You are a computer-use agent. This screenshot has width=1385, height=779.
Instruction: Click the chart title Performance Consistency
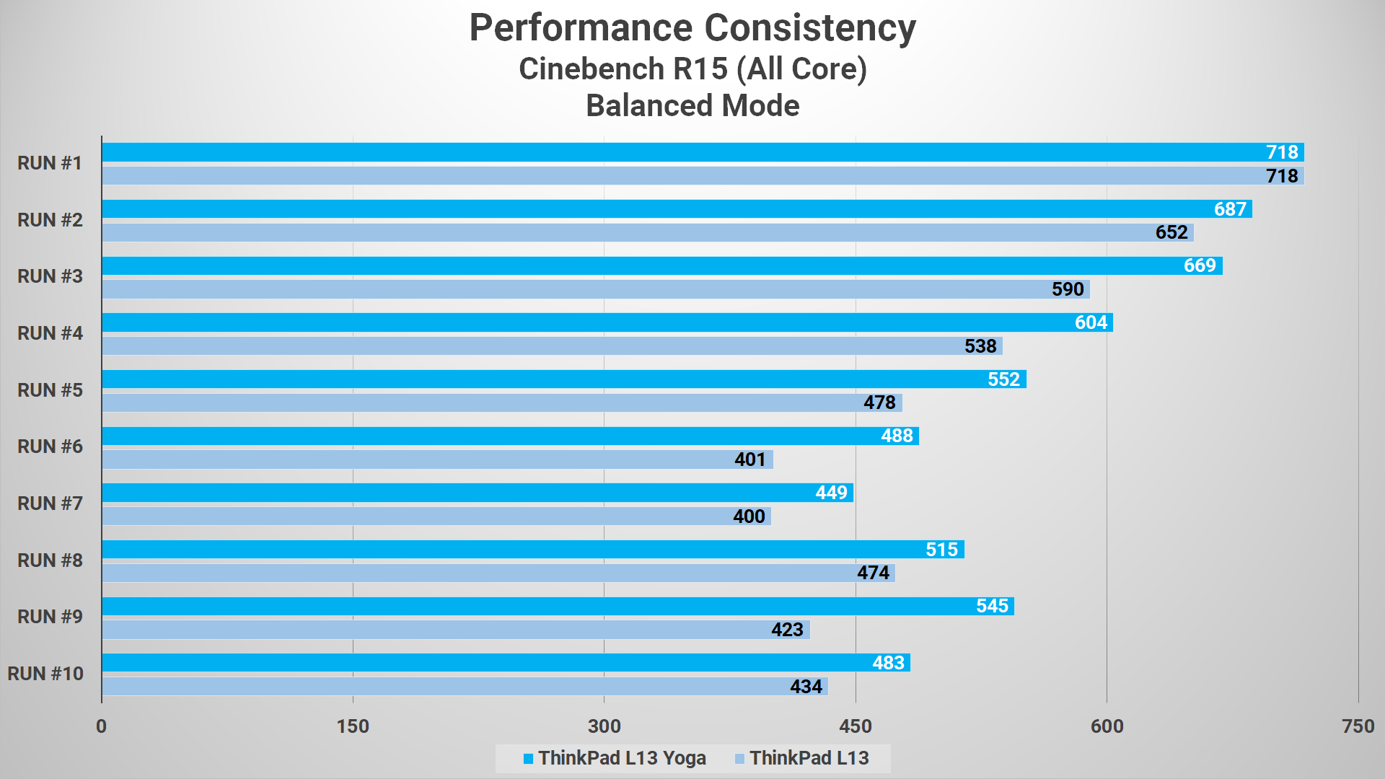click(692, 29)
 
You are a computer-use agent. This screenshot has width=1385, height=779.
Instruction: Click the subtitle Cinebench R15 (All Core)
click(692, 69)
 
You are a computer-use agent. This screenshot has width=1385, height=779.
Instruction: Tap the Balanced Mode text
click(692, 106)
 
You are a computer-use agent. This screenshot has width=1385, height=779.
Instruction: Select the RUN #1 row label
click(50, 163)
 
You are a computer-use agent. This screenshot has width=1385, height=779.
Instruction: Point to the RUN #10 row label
click(45, 674)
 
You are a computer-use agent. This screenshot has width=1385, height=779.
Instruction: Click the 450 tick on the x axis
click(856, 726)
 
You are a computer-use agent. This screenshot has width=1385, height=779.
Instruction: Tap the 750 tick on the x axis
click(1358, 726)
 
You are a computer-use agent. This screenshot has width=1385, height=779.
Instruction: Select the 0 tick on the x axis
click(102, 726)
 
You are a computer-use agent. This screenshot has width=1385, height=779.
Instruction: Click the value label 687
click(1230, 209)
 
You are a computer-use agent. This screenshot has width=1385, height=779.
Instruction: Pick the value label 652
click(1171, 232)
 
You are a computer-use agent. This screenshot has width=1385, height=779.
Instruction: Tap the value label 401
click(749, 459)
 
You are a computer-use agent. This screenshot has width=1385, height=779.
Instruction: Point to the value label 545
click(992, 606)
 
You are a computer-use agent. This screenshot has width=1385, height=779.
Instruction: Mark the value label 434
click(806, 687)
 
